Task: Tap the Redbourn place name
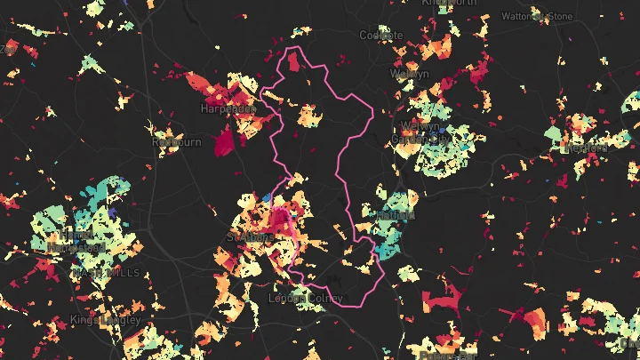(177, 141)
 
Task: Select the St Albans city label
(248, 238)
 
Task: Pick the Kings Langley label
(105, 319)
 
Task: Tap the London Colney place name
(305, 299)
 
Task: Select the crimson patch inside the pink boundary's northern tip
(292, 62)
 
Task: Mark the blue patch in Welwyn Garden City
(444, 134)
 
